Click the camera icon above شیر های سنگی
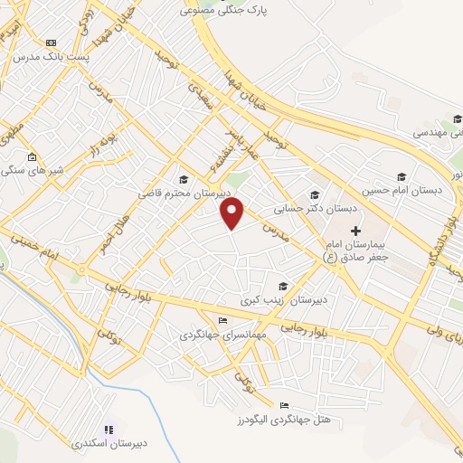33,156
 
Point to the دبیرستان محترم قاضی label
184,194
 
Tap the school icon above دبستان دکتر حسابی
315,194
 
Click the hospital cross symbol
355,231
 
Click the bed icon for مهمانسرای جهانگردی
223,320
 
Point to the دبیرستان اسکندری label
108,444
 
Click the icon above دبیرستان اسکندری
108,430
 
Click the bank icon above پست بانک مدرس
51,43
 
